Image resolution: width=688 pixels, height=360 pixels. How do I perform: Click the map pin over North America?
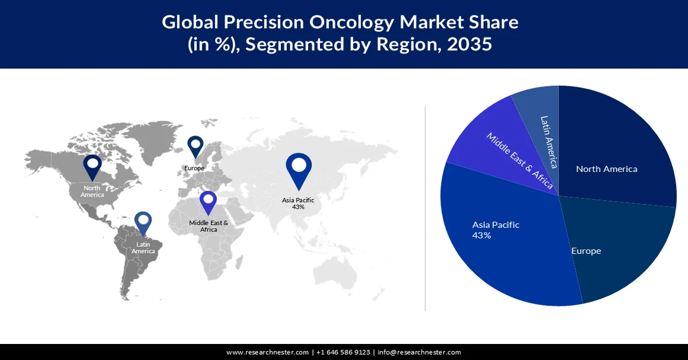(92, 166)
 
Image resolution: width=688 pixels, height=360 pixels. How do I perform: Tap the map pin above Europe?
(196, 146)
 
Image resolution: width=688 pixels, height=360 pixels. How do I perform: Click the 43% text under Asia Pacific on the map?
(298, 207)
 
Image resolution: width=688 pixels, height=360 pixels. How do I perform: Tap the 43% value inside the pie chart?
(482, 236)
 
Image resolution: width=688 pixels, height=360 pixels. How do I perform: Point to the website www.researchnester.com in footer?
(268, 352)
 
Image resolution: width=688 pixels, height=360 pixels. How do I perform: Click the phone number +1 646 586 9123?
(343, 352)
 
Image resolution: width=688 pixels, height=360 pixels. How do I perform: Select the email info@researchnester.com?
(419, 352)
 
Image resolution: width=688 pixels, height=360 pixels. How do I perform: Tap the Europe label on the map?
(194, 169)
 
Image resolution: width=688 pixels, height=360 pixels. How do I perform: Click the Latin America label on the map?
(143, 248)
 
